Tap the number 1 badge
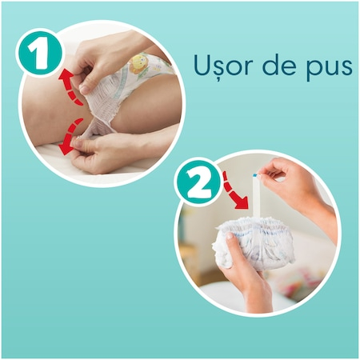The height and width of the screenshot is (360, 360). pyautogui.click(x=39, y=54)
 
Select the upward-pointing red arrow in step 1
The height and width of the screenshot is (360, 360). pyautogui.click(x=70, y=86)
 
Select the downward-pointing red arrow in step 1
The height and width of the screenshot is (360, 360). pyautogui.click(x=70, y=138)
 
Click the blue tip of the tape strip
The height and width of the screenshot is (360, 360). pyautogui.click(x=254, y=175)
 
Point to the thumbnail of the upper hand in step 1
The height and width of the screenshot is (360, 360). pyautogui.click(x=85, y=90)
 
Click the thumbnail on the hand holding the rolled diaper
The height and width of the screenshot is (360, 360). pyautogui.click(x=229, y=236)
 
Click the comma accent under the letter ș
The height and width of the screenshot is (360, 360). pyautogui.click(x=218, y=79)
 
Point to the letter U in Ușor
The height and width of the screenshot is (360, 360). pyautogui.click(x=203, y=65)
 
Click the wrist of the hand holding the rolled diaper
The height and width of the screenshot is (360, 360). pyautogui.click(x=257, y=296)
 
